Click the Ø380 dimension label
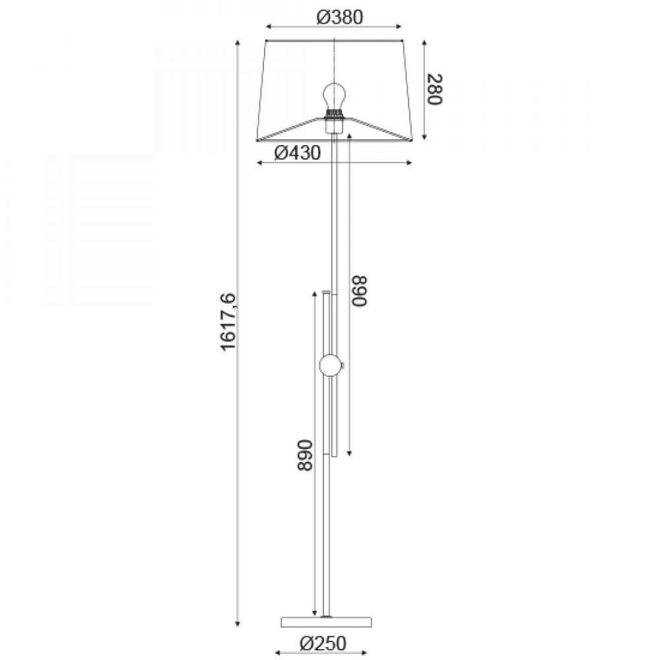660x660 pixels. tap(339, 17)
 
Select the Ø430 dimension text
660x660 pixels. tap(297, 153)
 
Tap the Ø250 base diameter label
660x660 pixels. tap(323, 643)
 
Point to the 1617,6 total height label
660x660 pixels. tap(229, 322)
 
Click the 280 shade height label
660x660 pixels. tap(434, 89)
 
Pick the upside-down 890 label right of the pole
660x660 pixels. tap(360, 291)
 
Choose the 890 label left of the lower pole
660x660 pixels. tap(305, 455)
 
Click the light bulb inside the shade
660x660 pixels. tap(334, 96)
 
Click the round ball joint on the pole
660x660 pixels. tap(331, 366)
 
